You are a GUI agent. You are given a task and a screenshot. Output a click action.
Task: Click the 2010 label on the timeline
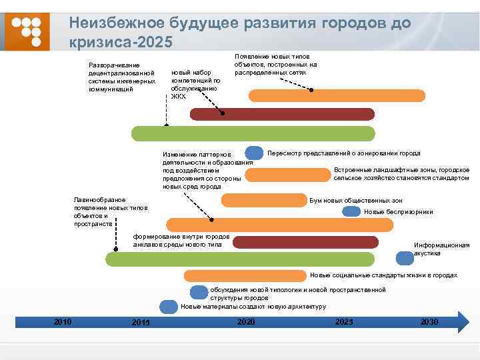click(63, 322)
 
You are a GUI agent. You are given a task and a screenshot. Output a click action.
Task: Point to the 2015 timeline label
click(141, 323)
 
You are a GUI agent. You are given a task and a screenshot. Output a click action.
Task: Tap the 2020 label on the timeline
click(246, 322)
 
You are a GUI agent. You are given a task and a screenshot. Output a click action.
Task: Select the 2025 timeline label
click(344, 322)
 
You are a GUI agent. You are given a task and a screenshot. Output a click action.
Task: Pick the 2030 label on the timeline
click(429, 322)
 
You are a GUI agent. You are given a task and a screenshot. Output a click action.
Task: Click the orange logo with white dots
click(27, 31)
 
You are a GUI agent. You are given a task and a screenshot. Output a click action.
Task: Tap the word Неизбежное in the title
click(110, 23)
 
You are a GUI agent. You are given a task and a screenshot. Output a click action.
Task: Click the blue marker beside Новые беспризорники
click(351, 212)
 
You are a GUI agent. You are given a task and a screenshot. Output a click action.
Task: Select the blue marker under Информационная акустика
click(405, 258)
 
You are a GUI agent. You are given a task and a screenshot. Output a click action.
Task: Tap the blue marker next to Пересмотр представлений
click(254, 153)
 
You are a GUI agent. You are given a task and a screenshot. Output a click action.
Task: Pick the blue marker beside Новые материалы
click(169, 307)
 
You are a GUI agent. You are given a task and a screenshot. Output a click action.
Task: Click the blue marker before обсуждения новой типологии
click(199, 291)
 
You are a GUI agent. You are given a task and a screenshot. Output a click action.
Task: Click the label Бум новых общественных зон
click(356, 201)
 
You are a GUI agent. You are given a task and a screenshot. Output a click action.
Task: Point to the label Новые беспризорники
click(398, 212)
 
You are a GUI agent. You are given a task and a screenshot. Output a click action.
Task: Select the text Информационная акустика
click(441, 249)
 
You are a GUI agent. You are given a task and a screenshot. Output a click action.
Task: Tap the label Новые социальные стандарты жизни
click(383, 275)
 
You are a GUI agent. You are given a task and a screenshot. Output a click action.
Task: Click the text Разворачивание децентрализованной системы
click(121, 77)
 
